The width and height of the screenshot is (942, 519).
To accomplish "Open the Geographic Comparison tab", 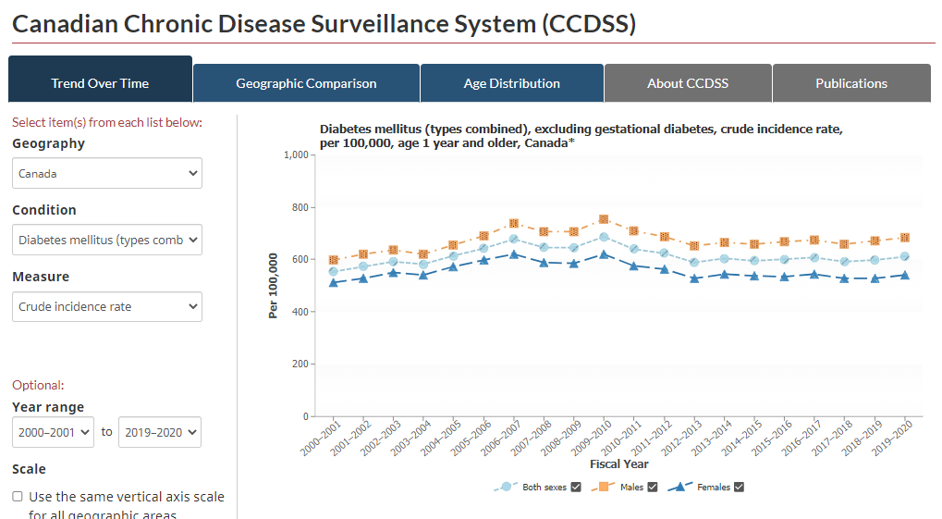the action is [306, 83].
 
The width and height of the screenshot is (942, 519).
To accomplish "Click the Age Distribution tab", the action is [512, 83].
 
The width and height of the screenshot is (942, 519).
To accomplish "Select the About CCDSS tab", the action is [688, 83].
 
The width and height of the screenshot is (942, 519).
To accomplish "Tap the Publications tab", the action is [851, 83].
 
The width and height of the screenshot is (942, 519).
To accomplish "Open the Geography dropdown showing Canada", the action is [107, 173].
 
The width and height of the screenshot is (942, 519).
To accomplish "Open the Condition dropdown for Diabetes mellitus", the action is [107, 240].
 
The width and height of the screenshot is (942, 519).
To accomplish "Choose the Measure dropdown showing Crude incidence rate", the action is [107, 307].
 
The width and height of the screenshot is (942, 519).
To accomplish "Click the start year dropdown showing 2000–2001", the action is [53, 432].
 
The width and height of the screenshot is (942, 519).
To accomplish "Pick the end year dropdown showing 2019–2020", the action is [160, 432].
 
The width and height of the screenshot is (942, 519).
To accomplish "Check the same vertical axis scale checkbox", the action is [18, 496].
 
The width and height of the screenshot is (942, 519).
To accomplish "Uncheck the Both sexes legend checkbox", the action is [576, 488].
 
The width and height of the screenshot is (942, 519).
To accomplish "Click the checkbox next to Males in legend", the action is [653, 488].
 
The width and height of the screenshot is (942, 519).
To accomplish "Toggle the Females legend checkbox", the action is [740, 488].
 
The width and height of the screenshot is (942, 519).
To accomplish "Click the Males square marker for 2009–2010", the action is [604, 219].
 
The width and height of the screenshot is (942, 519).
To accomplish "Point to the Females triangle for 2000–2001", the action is [334, 283].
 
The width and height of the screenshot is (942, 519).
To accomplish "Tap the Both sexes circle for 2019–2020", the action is [904, 257].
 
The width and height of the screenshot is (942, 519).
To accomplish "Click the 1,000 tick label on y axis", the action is [296, 155].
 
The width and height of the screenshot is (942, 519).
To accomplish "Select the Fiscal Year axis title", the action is [618, 463].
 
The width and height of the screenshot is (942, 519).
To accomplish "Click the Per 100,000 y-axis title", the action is [274, 286].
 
